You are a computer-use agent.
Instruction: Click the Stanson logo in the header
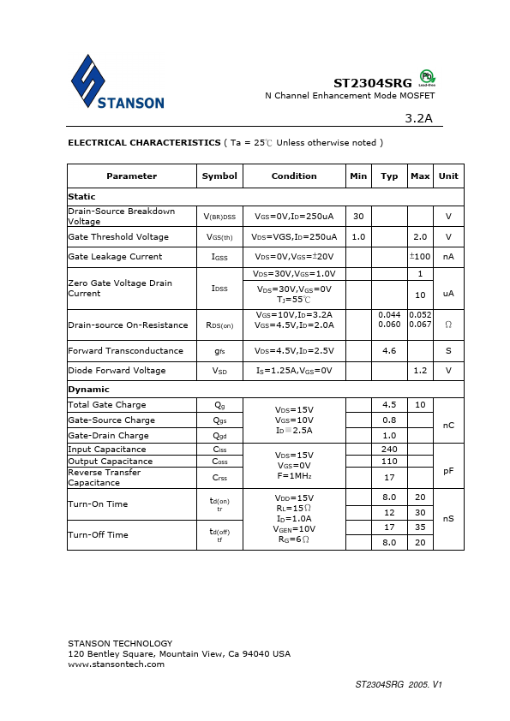[x=117, y=83]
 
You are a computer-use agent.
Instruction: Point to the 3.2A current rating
[x=418, y=118]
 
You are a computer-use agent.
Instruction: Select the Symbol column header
[x=219, y=176]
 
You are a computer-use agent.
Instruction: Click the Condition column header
[x=294, y=176]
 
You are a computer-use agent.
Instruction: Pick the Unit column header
[x=448, y=176]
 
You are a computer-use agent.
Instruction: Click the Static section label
[x=82, y=197]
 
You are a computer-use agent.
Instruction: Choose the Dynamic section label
[x=89, y=389]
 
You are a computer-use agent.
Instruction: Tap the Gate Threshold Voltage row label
[x=118, y=237]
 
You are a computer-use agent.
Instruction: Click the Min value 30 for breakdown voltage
[x=358, y=216]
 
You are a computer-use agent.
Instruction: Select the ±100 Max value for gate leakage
[x=420, y=256]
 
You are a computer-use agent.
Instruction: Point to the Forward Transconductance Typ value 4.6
[x=389, y=350]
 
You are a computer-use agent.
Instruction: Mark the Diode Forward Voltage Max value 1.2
[x=420, y=371]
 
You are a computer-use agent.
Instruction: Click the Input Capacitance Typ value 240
[x=389, y=450]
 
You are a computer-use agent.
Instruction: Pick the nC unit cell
[x=448, y=423]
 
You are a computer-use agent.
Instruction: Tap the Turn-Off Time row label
[x=98, y=535]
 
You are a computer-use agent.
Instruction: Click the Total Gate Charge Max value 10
[x=420, y=405]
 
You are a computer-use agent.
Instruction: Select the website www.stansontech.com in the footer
[x=116, y=664]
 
